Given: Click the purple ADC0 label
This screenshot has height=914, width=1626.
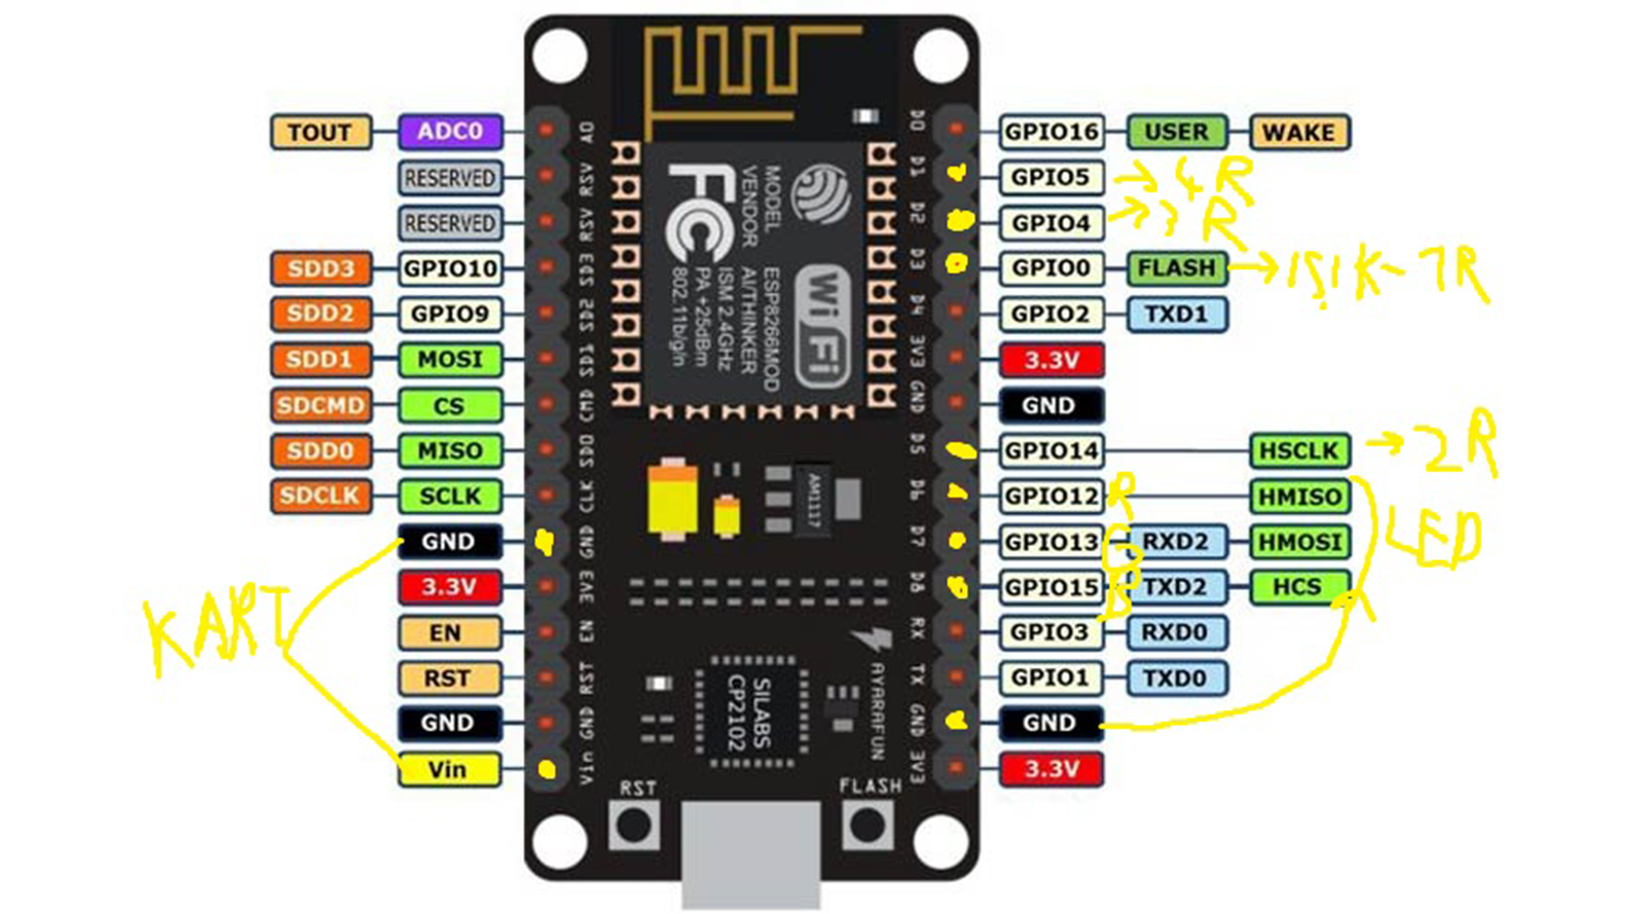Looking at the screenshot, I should coord(450,132).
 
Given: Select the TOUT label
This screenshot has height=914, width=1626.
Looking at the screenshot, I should coord(320,132).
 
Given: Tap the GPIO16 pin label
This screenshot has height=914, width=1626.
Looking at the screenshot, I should coord(1051,132).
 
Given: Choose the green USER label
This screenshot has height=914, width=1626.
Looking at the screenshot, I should coord(1176,132).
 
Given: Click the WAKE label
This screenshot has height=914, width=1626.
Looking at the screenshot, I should coord(1298,132).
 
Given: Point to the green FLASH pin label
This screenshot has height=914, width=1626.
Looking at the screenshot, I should coord(1176,268).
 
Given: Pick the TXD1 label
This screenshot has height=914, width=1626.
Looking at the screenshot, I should coord(1176,314).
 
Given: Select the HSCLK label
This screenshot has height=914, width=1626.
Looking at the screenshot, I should coord(1299,451).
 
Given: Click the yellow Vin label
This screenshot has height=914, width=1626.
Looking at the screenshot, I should coord(448,769).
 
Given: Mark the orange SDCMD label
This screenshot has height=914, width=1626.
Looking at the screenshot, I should coord(320,405).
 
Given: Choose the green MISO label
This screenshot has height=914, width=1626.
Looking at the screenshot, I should coord(450,451).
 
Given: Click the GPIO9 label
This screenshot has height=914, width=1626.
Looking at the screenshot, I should coord(450,314).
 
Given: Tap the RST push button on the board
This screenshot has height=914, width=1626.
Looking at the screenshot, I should coord(634,824).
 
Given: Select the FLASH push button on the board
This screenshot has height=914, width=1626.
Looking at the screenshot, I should coord(867,824).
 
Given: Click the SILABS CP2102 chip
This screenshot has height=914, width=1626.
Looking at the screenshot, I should coord(750,713).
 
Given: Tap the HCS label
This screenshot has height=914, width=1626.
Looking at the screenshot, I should coord(1299,587).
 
